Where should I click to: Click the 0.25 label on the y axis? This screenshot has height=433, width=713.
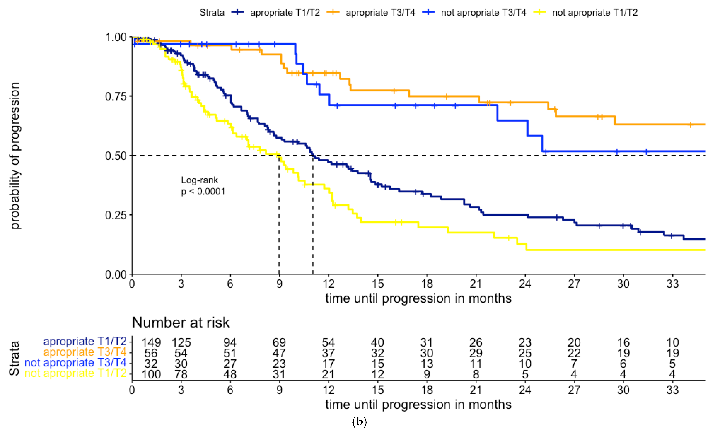coord(116,215)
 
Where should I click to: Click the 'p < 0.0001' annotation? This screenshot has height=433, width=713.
coord(203,191)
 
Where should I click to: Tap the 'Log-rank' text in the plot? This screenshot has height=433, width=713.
coord(199,180)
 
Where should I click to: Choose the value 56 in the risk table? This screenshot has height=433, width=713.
coord(151,353)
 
